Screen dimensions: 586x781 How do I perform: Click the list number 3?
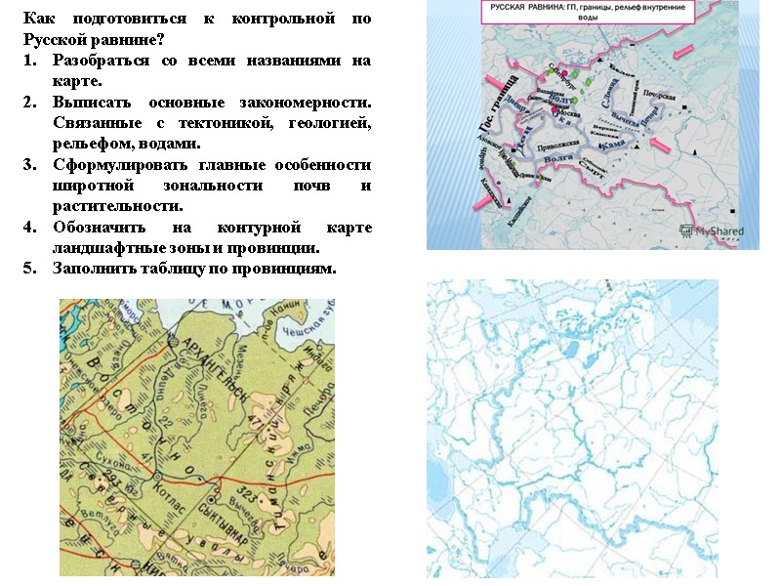[x=30, y=163]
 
